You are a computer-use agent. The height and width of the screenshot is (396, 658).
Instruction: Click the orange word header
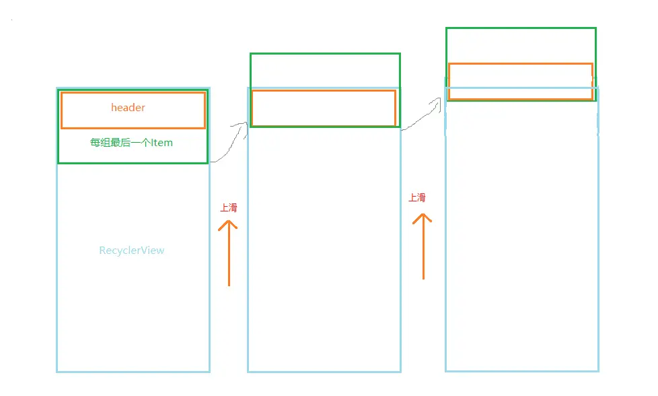point(128,108)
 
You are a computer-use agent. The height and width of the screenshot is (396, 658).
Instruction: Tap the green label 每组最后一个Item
point(132,143)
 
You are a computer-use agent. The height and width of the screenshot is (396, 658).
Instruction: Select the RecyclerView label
point(132,251)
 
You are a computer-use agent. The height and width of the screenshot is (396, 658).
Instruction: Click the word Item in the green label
point(163,143)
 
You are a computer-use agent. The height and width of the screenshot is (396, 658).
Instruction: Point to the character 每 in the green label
point(95,143)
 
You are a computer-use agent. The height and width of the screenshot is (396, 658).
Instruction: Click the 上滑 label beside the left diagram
point(229,207)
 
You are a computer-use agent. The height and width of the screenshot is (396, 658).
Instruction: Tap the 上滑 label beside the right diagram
point(417,197)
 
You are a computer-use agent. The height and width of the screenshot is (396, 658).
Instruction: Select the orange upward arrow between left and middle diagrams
point(229,253)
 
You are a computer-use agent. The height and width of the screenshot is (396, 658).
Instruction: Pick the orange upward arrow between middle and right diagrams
point(423,246)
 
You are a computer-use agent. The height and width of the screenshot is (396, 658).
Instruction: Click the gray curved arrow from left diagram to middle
point(229,141)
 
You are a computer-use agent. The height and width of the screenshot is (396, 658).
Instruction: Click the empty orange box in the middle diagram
point(324,108)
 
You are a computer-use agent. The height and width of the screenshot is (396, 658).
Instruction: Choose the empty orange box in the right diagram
point(520,81)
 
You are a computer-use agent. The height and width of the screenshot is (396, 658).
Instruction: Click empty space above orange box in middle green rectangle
point(325,71)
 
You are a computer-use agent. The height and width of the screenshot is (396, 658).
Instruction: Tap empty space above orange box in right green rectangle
point(521,45)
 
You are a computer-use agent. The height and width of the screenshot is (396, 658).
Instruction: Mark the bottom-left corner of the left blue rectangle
point(57,371)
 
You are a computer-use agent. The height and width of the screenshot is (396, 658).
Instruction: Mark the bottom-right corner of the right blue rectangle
point(597,370)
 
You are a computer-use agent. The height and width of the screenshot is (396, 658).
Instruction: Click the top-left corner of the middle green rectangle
point(251,54)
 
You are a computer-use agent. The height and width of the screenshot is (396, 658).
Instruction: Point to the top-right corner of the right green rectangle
point(595,28)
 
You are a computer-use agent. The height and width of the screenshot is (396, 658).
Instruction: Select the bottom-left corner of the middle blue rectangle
point(248,371)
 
